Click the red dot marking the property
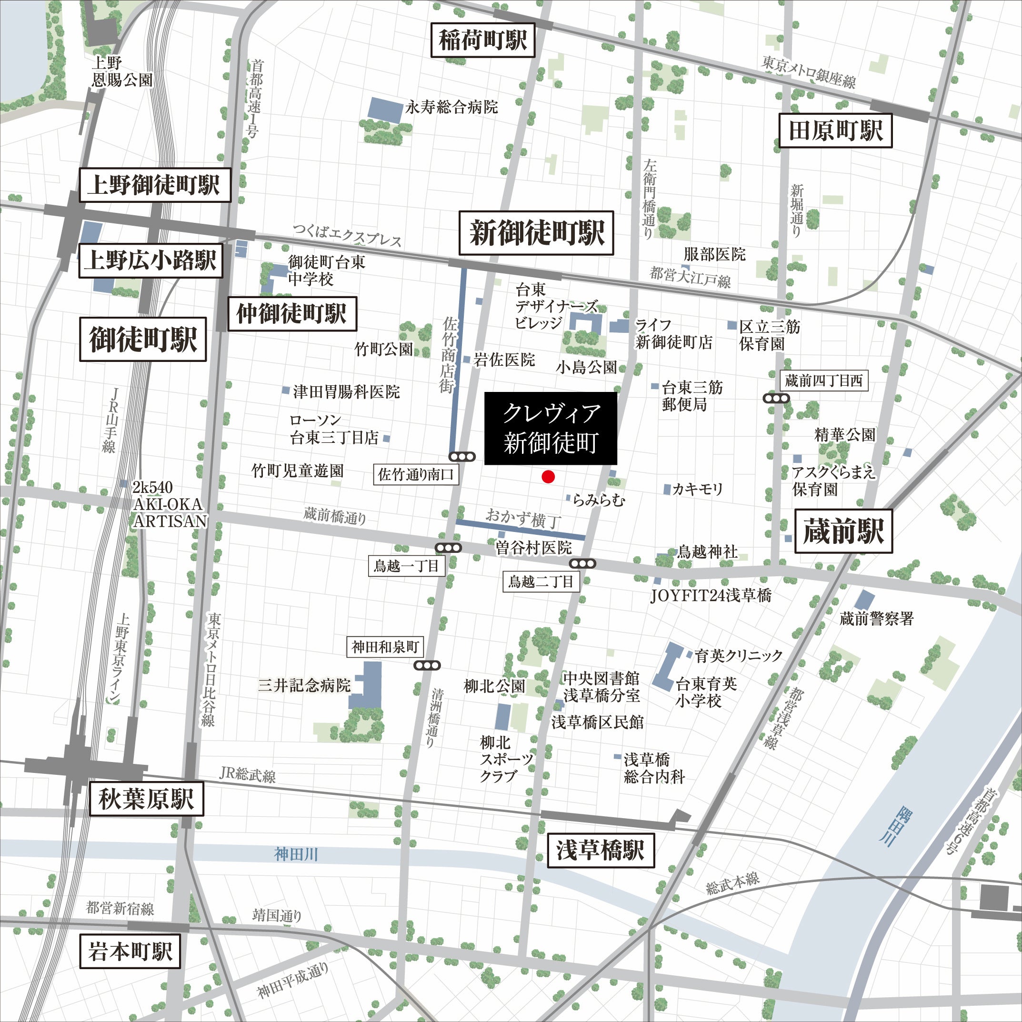548,477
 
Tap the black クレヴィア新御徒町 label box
551,429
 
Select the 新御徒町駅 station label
536,233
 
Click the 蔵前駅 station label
844,531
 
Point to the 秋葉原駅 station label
146,799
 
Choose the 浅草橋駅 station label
601,851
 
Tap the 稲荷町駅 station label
482,40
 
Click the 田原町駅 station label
836,130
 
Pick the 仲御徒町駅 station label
292,314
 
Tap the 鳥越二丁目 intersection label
541,582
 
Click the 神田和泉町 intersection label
385,646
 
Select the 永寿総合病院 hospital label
451,107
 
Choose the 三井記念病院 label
304,686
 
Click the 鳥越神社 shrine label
707,552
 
